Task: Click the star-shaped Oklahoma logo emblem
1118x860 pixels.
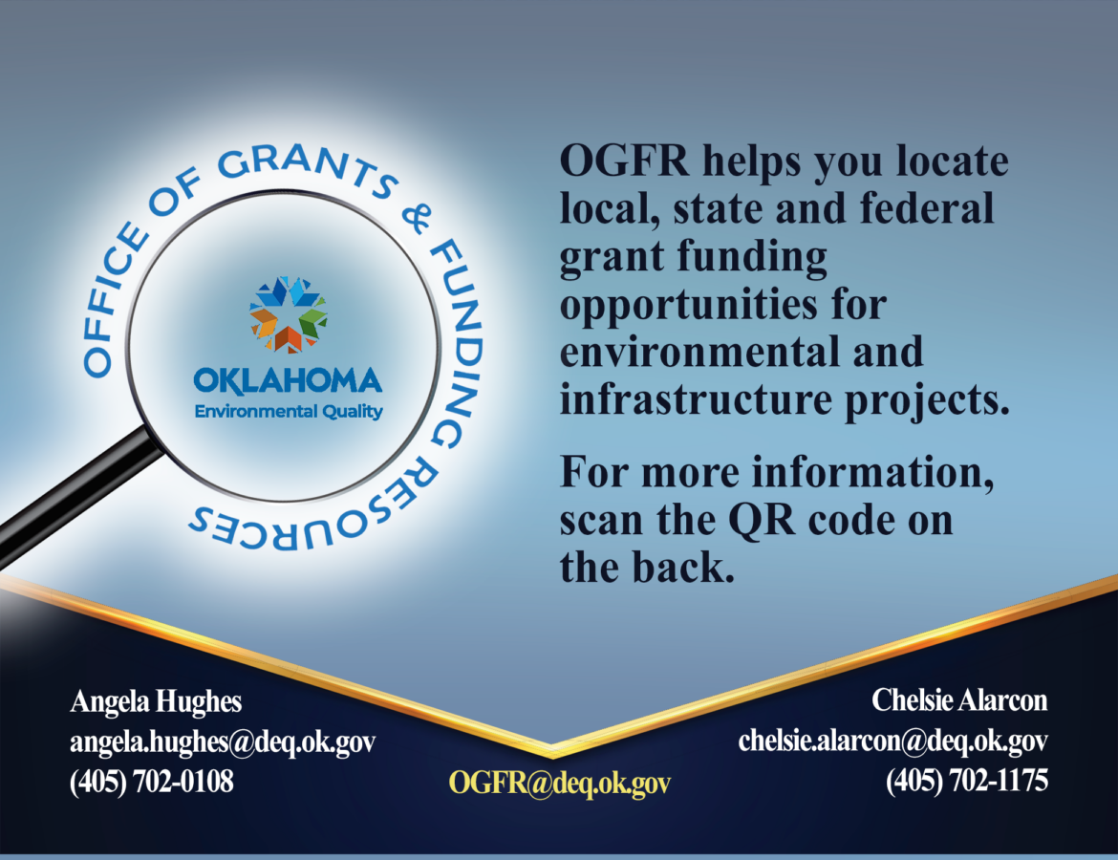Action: coord(288,314)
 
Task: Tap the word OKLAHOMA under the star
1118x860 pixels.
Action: coord(288,381)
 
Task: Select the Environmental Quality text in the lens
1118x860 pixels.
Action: coord(289,412)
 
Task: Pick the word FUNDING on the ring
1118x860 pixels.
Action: coord(460,342)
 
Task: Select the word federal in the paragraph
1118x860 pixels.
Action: coord(927,208)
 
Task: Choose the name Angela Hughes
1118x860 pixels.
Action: coord(156,701)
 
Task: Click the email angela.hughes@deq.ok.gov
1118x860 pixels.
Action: coord(223,742)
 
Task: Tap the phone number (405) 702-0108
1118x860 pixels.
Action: coord(151,782)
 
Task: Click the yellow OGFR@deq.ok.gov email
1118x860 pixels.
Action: coord(560,783)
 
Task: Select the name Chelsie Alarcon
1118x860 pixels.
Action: coord(959,700)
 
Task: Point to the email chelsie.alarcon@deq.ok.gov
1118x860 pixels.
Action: coord(893,741)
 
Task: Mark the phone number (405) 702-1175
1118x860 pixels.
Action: coord(967,781)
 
